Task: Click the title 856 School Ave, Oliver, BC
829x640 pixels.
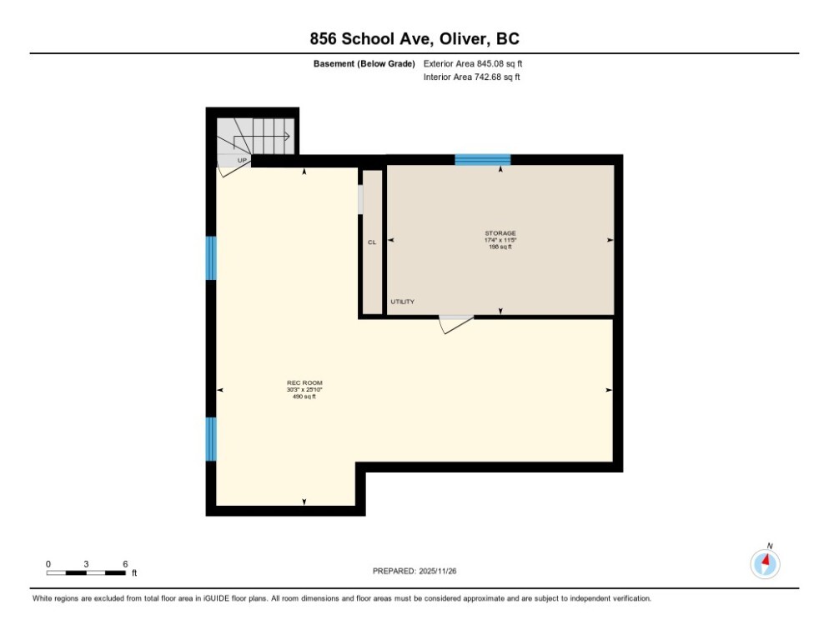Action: (414, 39)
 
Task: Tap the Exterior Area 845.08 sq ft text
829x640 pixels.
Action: (473, 63)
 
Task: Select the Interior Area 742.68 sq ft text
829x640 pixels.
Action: (472, 77)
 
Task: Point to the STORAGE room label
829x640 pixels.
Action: (500, 233)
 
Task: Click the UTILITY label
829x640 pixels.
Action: (402, 302)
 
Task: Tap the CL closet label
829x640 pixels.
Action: (372, 242)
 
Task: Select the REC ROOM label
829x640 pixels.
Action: (304, 382)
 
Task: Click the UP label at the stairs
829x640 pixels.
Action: (242, 160)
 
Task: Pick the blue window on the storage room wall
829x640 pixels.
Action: (482, 159)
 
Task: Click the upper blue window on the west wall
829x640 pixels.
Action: (211, 257)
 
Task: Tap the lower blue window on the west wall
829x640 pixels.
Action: (211, 438)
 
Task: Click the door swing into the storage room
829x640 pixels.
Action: (455, 324)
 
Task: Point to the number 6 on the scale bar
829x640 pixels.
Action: (125, 564)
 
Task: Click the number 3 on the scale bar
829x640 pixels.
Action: (86, 564)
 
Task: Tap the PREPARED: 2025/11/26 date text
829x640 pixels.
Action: (414, 571)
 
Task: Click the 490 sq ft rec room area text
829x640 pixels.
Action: (304, 397)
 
